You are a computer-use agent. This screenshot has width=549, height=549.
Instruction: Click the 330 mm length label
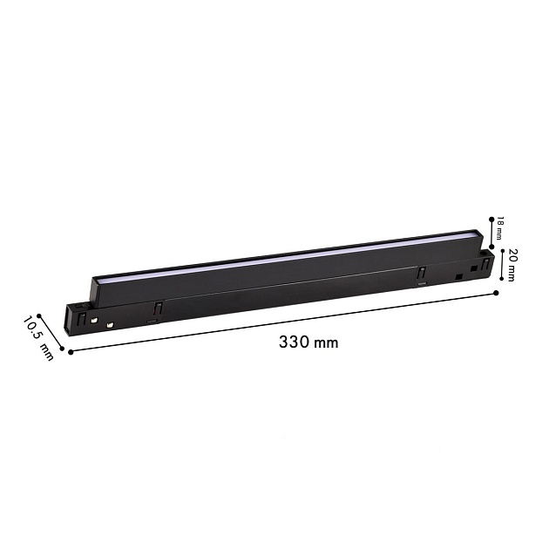pos(308,342)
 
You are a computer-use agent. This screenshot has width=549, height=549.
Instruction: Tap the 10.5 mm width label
pos(38,338)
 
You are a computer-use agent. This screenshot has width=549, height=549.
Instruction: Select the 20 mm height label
pos(511,265)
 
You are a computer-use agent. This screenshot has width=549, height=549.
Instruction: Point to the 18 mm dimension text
pos(499,228)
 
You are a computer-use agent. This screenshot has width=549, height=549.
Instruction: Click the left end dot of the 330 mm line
pos(71,352)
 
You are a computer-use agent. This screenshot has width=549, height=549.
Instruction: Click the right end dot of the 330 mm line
pos(496,293)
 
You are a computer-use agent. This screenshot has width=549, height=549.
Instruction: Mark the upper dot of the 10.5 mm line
pos(39,315)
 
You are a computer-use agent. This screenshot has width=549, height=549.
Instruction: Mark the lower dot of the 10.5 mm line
pos(63,348)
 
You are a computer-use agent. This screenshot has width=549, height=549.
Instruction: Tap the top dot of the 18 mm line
pos(491,220)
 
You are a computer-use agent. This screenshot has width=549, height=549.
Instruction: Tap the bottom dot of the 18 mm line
pos(492,247)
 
